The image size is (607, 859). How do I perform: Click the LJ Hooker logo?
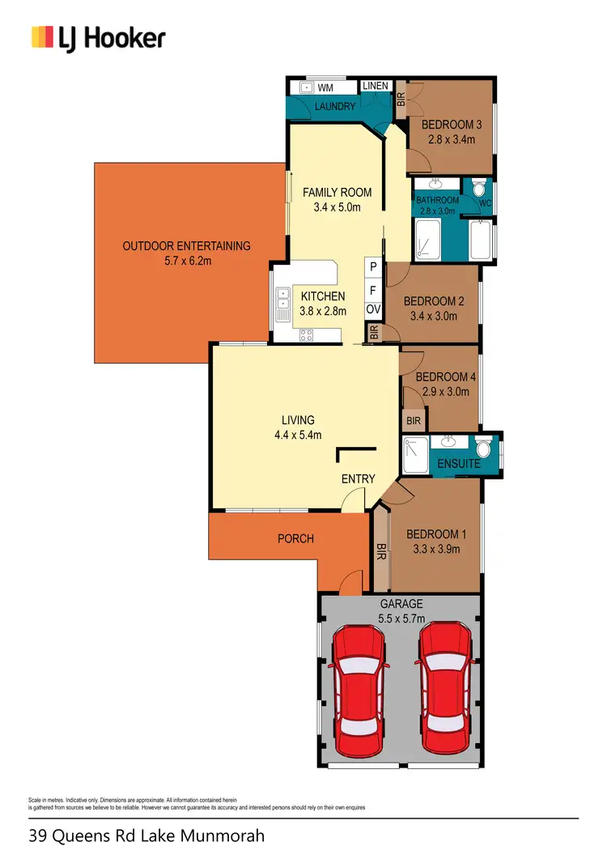click(x=98, y=37)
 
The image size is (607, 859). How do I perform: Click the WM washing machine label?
click(x=325, y=87)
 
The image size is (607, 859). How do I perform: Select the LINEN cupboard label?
click(x=375, y=86)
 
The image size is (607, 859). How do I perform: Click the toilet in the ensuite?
click(x=483, y=447)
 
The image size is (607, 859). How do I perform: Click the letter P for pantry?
click(x=373, y=266)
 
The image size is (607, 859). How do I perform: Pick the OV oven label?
click(x=373, y=309)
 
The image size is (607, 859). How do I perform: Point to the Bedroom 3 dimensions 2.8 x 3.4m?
click(x=452, y=139)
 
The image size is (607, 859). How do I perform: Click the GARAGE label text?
click(x=402, y=604)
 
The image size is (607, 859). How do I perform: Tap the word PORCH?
click(x=295, y=538)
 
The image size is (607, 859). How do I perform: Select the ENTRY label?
click(x=358, y=479)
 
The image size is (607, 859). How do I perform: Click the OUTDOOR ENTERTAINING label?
click(x=186, y=246)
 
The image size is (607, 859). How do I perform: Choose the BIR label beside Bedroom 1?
click(x=380, y=553)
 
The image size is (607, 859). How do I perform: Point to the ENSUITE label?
click(x=459, y=464)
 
